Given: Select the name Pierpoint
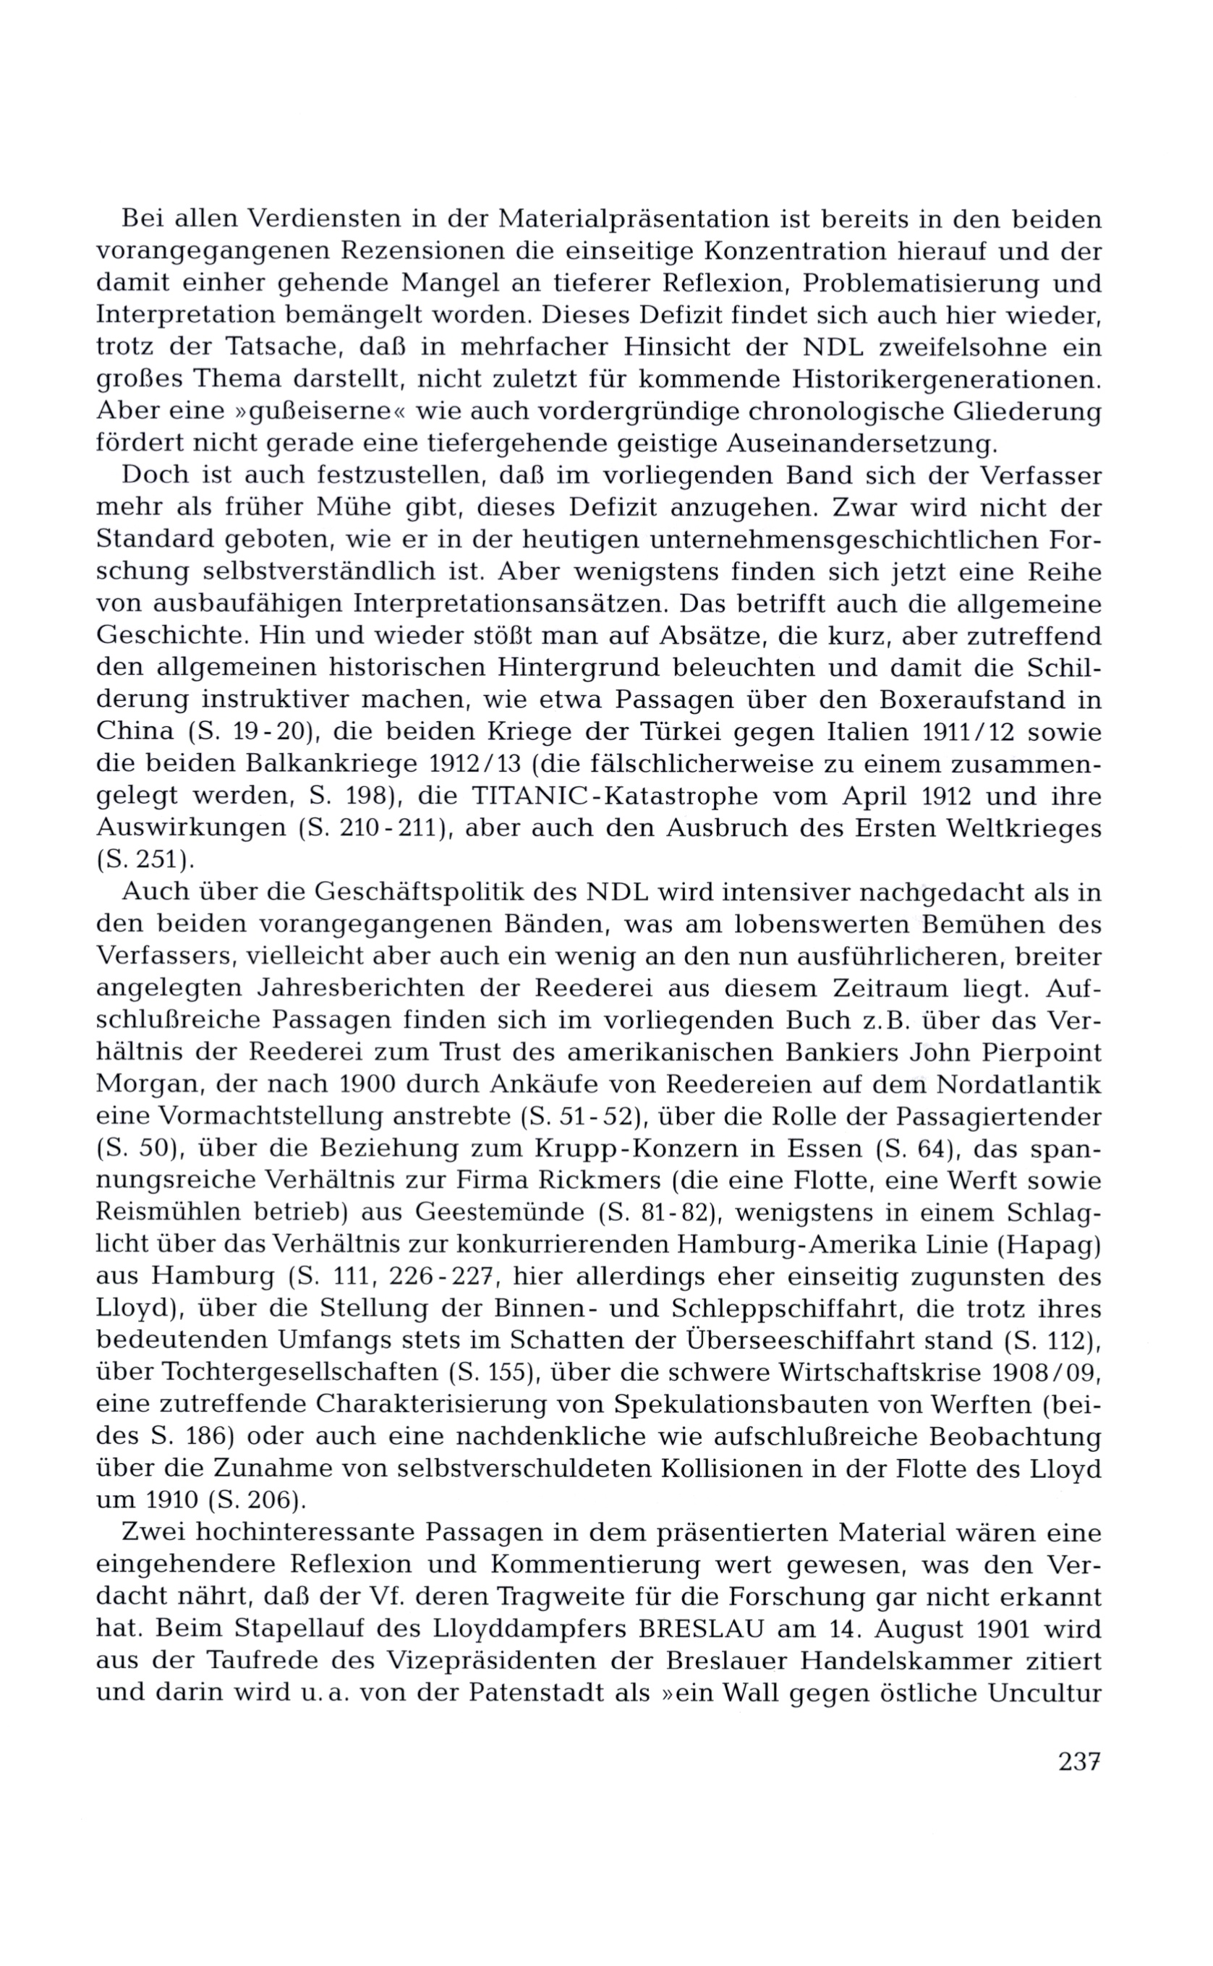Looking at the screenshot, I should [1036, 1052].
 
